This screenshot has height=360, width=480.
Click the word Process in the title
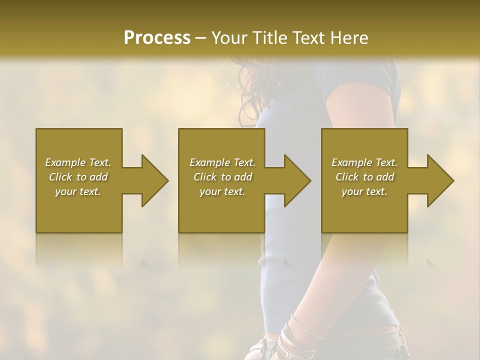(x=157, y=38)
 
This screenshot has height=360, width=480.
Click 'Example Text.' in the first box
(x=78, y=162)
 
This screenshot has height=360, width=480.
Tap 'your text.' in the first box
(x=78, y=191)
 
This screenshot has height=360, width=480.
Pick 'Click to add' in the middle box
(x=222, y=177)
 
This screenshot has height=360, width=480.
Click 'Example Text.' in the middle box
(x=222, y=162)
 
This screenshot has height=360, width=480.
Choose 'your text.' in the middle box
(x=222, y=191)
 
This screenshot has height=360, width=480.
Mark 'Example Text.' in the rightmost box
(x=364, y=162)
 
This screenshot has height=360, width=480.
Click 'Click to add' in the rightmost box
(x=364, y=177)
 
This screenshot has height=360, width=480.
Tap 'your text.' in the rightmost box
(x=364, y=191)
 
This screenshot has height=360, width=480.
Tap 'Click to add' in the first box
(x=78, y=177)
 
